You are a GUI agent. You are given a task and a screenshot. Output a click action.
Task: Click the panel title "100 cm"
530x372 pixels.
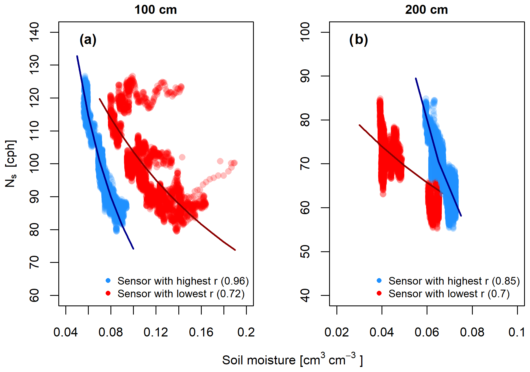click(156, 10)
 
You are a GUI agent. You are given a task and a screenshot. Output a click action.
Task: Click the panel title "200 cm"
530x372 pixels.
click(426, 10)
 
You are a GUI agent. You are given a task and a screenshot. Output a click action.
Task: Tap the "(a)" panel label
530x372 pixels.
click(88, 40)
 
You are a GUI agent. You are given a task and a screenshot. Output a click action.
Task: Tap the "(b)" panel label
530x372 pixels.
click(358, 40)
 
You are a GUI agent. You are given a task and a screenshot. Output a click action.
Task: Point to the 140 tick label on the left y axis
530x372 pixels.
click(34, 32)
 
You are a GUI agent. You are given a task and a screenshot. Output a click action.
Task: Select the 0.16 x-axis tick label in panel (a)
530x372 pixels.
click(201, 332)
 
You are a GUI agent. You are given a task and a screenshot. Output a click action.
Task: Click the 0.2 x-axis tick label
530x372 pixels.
click(246, 332)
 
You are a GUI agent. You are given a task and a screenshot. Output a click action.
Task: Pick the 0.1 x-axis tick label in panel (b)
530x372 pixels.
click(517, 332)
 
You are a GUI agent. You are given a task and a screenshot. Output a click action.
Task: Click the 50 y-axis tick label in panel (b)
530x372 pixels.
click(305, 252)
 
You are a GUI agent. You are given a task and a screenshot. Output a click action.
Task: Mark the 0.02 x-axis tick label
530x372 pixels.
click(336, 332)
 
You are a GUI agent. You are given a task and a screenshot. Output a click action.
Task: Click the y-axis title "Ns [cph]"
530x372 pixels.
click(11, 164)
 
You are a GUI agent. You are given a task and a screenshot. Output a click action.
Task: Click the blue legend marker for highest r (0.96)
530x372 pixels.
click(108, 281)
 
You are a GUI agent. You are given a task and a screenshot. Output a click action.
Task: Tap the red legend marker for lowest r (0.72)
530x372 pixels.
click(108, 293)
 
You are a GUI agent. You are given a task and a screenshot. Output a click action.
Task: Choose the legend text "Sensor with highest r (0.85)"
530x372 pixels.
click(454, 281)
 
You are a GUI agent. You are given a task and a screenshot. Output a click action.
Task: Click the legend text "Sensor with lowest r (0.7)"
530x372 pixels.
click(449, 294)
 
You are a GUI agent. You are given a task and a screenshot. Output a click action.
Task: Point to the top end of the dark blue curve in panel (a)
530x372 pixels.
click(77, 56)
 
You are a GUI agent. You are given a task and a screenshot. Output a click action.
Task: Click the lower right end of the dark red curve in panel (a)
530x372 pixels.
click(235, 250)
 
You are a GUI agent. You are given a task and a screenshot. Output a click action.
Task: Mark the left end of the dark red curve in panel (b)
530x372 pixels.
click(360, 125)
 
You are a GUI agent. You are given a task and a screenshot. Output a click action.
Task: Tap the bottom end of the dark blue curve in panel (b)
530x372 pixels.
click(461, 216)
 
